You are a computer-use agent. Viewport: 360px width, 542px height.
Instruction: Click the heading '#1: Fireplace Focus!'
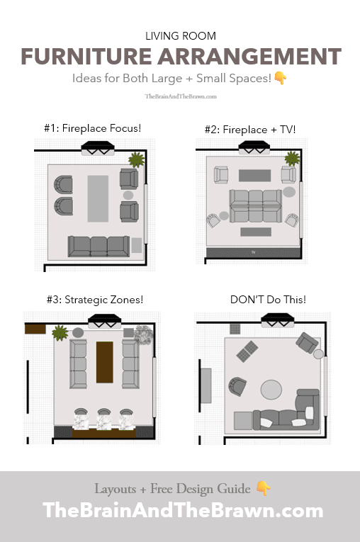[x=92, y=128]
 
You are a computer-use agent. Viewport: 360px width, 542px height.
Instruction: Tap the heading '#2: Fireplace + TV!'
[x=250, y=130]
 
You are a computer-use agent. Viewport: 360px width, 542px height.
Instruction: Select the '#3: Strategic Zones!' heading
[x=95, y=300]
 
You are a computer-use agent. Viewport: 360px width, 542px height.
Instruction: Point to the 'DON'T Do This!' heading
[x=268, y=300]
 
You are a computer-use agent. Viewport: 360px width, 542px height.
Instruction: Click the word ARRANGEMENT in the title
[x=249, y=57]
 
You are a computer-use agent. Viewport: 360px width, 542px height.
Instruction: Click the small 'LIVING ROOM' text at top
[x=181, y=36]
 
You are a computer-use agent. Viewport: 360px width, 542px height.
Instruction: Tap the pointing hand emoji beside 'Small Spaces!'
[x=280, y=78]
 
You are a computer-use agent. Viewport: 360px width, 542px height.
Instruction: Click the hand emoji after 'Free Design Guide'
[x=264, y=488]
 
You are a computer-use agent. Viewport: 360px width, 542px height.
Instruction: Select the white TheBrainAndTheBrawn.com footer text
[x=183, y=510]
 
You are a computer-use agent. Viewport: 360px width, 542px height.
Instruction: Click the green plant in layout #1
[x=136, y=160]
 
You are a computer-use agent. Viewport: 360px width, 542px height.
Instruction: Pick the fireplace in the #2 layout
[x=254, y=147]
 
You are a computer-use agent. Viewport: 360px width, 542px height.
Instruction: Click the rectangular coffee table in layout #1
[x=98, y=198]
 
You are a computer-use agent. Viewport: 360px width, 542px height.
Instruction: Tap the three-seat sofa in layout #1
[x=99, y=247]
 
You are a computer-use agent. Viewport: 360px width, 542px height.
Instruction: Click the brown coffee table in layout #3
[x=105, y=362]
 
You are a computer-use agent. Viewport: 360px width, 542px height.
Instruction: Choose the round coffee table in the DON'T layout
[x=271, y=390]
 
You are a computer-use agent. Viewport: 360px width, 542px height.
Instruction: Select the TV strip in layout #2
[x=253, y=253]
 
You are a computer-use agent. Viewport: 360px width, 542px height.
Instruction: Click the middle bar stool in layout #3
[x=103, y=419]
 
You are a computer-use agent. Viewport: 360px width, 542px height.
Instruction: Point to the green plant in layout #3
[x=60, y=333]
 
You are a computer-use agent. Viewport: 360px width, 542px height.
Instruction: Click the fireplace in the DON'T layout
[x=277, y=320]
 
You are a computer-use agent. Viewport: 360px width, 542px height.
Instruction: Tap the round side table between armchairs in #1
[x=128, y=195]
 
